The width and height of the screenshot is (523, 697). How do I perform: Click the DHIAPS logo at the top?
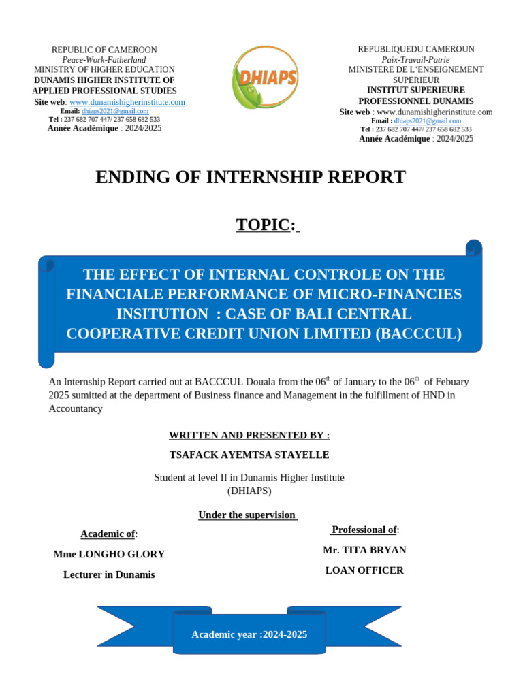tap(265, 77)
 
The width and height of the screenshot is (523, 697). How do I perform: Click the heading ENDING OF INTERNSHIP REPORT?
tap(250, 177)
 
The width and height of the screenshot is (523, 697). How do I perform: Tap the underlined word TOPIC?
tap(263, 225)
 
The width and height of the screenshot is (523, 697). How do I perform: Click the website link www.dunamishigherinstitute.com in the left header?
tap(127, 102)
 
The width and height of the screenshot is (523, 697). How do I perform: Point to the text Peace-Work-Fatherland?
tap(104, 60)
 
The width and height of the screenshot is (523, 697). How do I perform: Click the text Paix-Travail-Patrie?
tap(415, 60)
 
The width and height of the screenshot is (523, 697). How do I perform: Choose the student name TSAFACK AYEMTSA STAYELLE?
tap(249, 455)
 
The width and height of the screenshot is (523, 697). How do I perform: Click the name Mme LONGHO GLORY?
tap(109, 554)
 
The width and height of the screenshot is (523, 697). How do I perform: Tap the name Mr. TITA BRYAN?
tap(364, 550)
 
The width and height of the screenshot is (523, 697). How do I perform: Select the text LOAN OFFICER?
tap(364, 570)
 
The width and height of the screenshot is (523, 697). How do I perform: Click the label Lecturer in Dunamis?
tap(109, 574)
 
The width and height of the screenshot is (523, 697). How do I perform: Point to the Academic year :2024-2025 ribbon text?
tap(249, 634)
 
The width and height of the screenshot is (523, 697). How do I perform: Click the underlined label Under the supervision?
tap(247, 515)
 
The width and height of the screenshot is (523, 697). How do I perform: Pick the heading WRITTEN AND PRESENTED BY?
tap(249, 435)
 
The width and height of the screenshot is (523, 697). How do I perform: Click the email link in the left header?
tap(115, 111)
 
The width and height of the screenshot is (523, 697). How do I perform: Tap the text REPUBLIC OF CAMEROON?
tap(104, 50)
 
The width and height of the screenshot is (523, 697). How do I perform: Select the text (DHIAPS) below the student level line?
tap(249, 490)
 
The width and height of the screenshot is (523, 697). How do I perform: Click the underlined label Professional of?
tap(364, 530)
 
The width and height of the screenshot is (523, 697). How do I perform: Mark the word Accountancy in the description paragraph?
tap(76, 408)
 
